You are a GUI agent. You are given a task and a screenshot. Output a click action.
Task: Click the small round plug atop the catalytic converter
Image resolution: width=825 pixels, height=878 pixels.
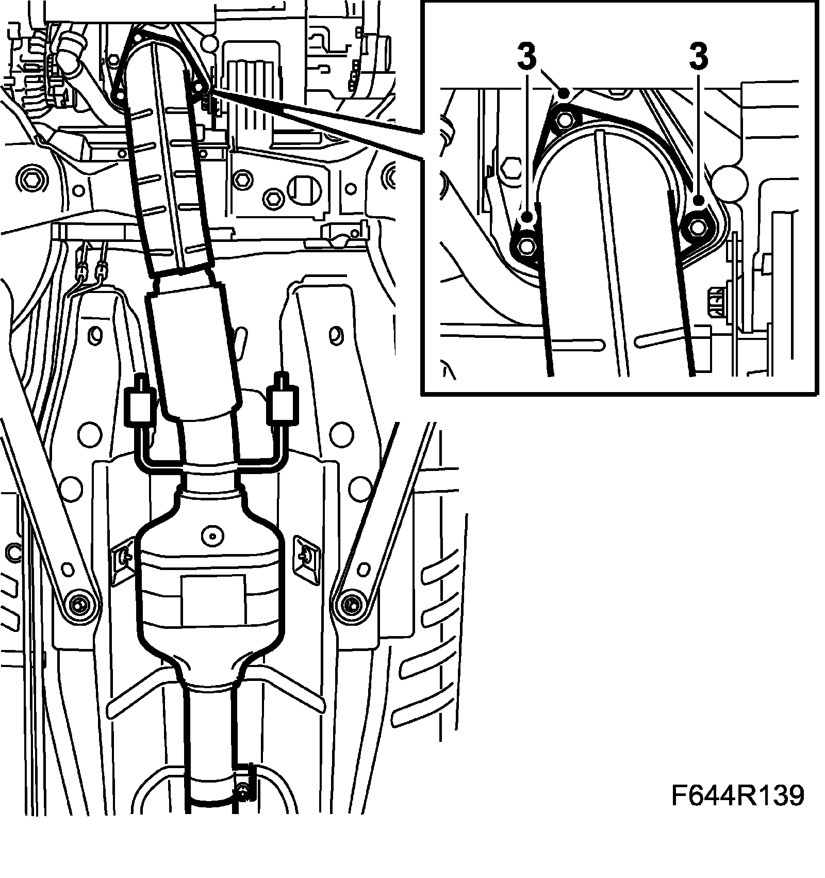pos(211,535)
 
